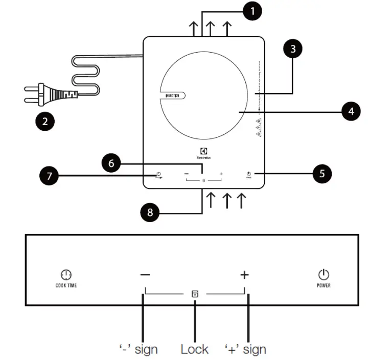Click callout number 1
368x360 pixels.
252,11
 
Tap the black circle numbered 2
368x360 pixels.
45,122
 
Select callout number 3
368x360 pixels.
292,49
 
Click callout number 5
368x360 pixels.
321,174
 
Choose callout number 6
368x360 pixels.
111,164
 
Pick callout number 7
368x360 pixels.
49,177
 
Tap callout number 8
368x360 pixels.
150,212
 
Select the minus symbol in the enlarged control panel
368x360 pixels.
145,275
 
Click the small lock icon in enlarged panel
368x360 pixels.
195,294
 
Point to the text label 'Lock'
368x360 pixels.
194,349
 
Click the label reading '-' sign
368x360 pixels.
137,349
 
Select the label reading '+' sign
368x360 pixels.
245,349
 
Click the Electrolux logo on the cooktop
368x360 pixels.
204,153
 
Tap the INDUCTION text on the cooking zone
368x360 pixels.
172,95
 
